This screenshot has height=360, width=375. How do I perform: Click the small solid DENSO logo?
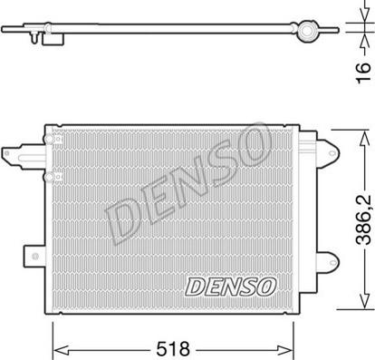(230, 287)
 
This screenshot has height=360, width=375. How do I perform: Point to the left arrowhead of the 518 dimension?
(57, 345)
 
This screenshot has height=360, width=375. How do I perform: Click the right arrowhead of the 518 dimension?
(293, 345)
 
